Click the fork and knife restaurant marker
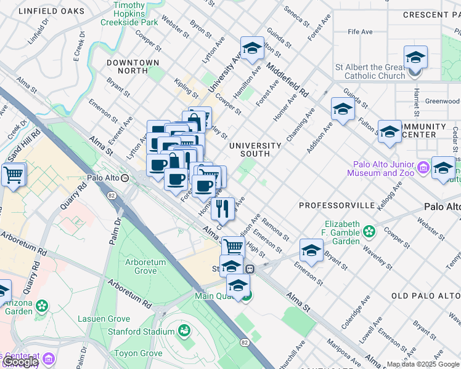point(222,208)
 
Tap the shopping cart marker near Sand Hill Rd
point(13,175)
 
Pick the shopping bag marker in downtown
point(194,119)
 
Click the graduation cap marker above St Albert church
point(415,58)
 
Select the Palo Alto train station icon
point(125,178)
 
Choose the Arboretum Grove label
point(145,266)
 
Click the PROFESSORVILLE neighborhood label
point(337,204)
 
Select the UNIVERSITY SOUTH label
point(255,146)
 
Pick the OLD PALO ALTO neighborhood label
point(426,296)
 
